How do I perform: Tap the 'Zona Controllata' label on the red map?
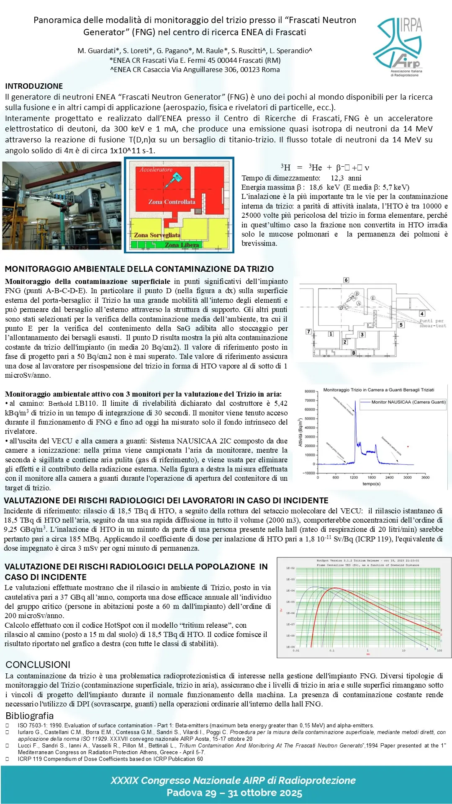pos(172,202)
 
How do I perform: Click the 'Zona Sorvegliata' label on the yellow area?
pos(157,235)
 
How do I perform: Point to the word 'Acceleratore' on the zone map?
pos(156,170)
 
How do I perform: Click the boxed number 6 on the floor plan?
pos(346,280)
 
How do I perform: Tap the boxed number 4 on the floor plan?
pos(422,314)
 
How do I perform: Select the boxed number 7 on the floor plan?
pos(308,332)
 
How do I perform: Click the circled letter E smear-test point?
pos(372,298)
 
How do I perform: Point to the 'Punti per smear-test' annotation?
pos(433,323)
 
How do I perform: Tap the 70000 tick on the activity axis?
pos(310,401)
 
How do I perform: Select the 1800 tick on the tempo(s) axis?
pos(372,477)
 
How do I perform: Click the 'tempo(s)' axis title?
pos(371,484)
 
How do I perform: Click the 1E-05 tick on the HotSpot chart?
pos(290,602)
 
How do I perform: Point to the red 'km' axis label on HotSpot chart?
pos(368,654)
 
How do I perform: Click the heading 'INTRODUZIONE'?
pos(34,86)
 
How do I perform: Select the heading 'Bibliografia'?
pos(30,716)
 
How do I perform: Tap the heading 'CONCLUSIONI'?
pos(38,665)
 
